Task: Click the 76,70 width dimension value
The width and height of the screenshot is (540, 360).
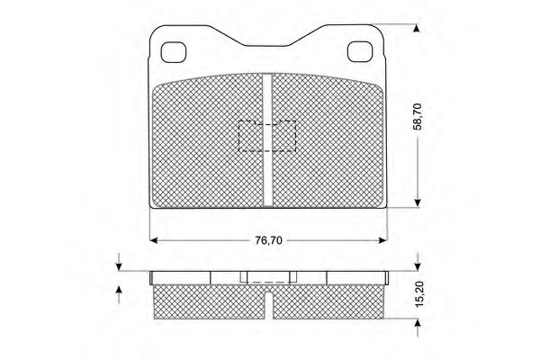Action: (268, 240)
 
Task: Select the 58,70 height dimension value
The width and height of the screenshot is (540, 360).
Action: (418, 116)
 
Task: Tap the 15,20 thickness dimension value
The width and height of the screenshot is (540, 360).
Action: (418, 294)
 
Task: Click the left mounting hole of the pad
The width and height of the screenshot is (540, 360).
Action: (174, 52)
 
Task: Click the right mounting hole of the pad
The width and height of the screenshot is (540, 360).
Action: (360, 51)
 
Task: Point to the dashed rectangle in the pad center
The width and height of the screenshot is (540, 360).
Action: (267, 136)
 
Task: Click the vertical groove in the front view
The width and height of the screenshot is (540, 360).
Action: (267, 139)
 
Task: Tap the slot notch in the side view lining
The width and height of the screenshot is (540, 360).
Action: (268, 306)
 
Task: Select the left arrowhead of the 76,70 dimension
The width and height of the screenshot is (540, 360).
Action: (154, 240)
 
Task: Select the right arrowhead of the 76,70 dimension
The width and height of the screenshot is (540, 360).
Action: (383, 240)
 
